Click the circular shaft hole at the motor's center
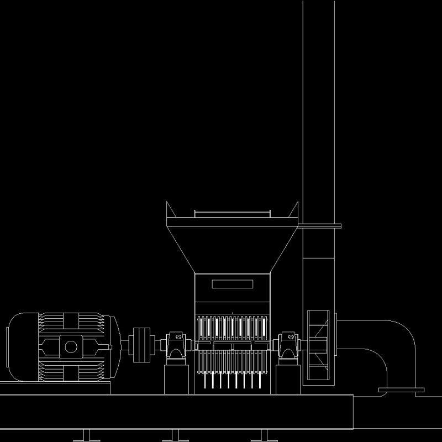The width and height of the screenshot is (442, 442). tap(71, 347)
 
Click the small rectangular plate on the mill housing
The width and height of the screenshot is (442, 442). tap(233, 284)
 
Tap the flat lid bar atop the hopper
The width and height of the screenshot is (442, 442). tap(233, 212)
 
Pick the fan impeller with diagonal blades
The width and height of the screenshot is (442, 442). tap(319, 345)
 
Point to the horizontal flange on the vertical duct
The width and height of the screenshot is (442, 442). tap(320, 225)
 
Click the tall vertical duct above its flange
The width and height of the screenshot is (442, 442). tap(319, 110)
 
